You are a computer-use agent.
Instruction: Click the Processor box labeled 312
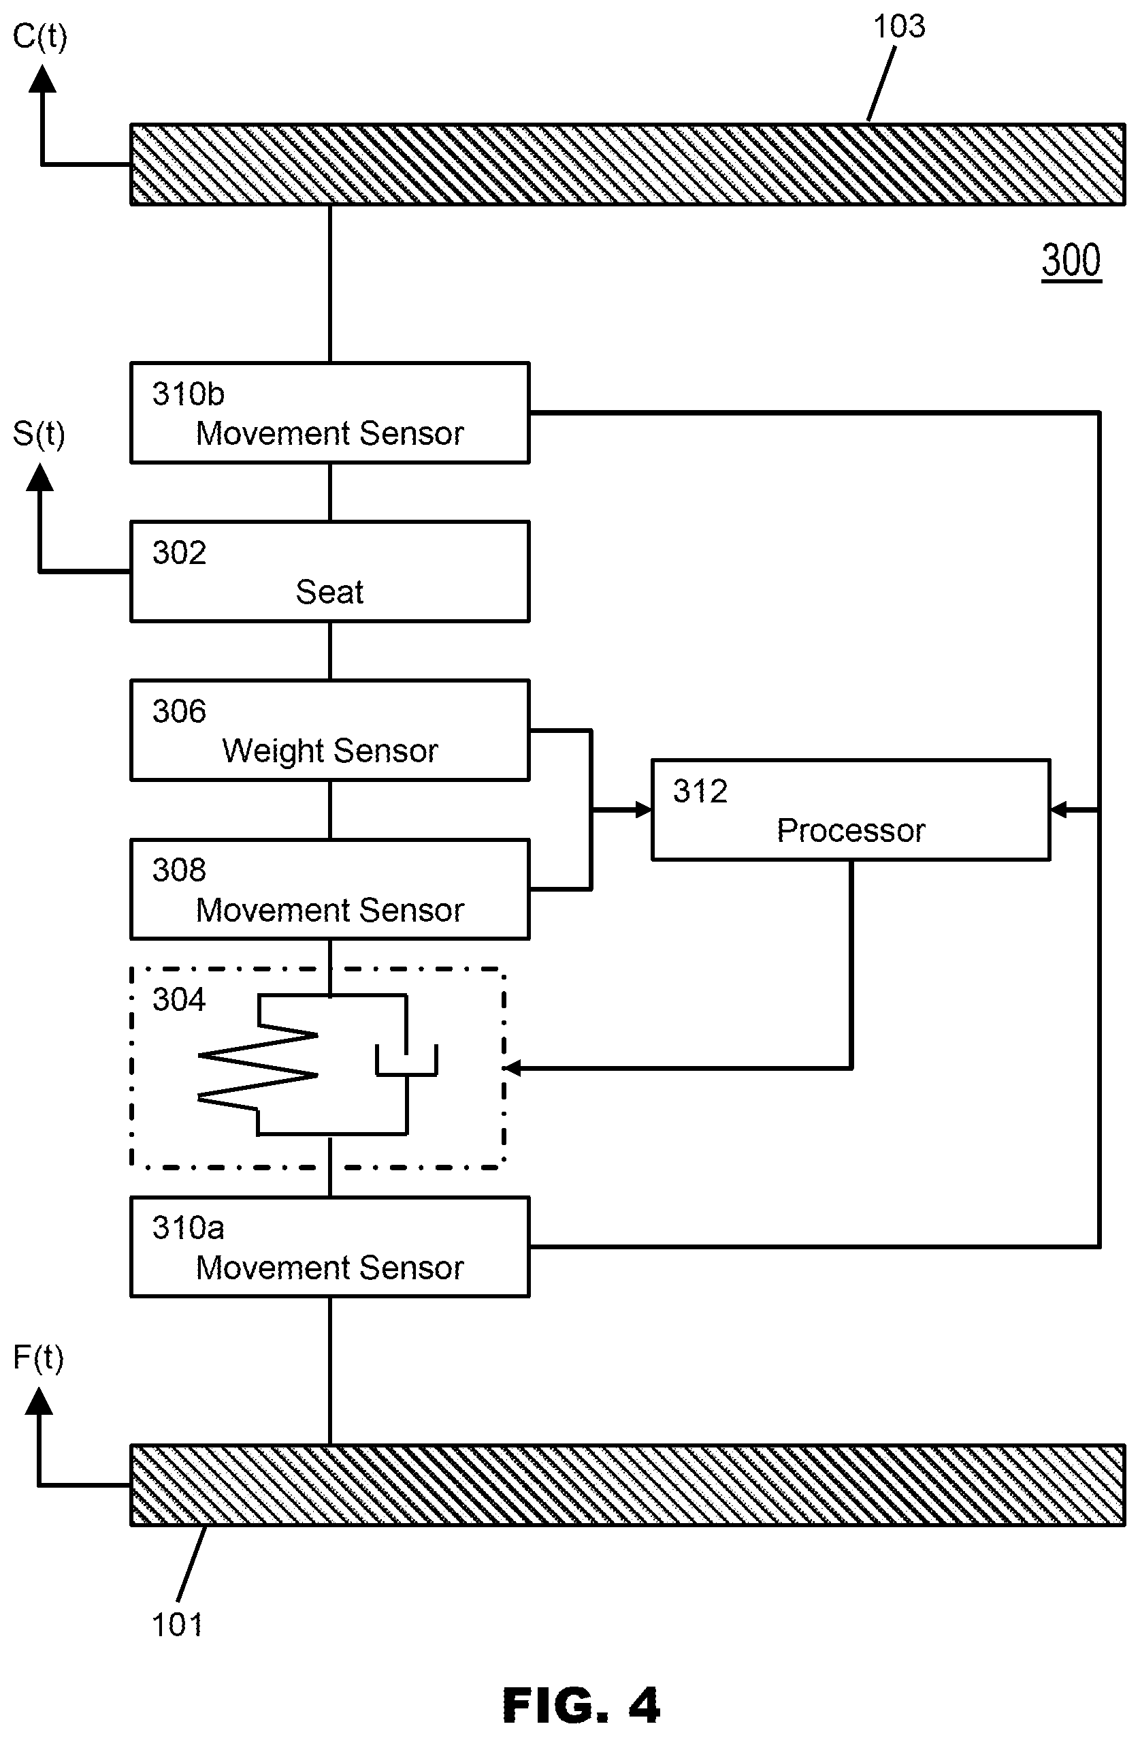[x=851, y=810]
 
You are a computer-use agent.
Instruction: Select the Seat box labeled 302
[x=329, y=572]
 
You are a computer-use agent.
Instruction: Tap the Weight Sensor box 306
[x=329, y=730]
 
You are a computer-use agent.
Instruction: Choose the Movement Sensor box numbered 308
[x=329, y=889]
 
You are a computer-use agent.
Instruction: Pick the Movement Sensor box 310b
[x=329, y=412]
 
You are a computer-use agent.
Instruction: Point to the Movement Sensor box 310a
[x=329, y=1247]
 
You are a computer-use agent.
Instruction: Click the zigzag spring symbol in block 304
[x=258, y=1065]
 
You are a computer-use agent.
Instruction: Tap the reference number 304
[x=179, y=999]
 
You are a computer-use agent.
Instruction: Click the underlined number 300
[x=1071, y=260]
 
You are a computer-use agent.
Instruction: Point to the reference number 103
[x=899, y=27]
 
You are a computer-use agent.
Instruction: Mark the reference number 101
[x=176, y=1625]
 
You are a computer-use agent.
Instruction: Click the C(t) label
[x=40, y=37]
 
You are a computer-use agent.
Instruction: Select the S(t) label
[x=39, y=435]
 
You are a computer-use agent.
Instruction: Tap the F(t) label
[x=39, y=1358]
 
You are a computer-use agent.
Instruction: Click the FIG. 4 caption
[x=581, y=1705]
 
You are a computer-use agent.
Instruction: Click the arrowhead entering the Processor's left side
[x=642, y=809]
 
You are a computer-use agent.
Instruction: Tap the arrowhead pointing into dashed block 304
[x=512, y=1068]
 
